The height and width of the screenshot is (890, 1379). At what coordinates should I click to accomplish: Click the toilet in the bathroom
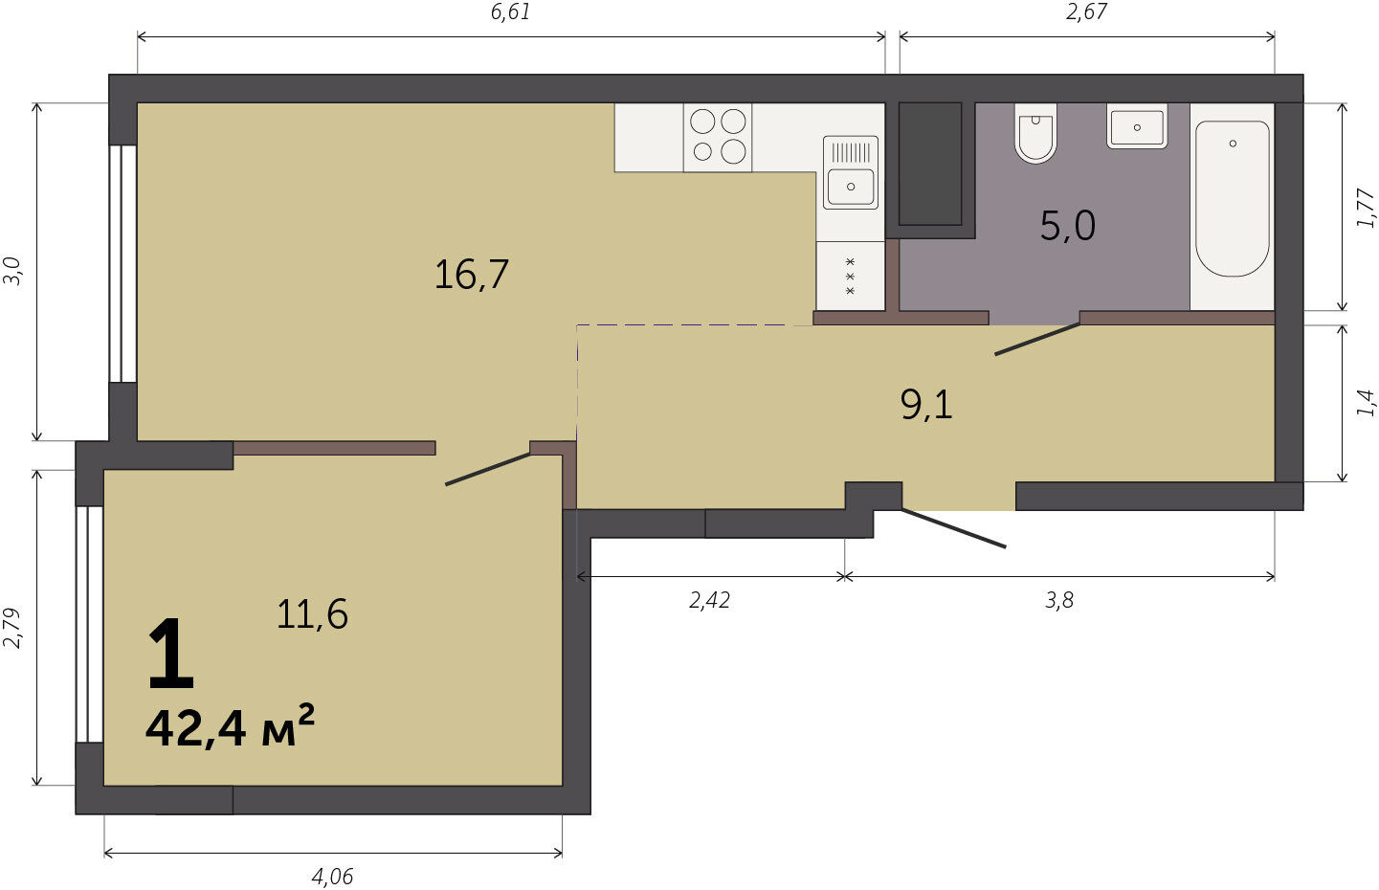click(x=1035, y=134)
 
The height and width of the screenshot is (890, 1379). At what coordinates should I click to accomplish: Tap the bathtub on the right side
click(x=1232, y=199)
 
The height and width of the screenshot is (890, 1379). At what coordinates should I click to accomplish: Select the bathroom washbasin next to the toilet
click(x=1137, y=126)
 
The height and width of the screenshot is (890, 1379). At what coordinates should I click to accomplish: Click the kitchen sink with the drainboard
click(x=851, y=173)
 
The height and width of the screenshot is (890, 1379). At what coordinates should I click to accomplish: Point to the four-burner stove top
click(x=718, y=137)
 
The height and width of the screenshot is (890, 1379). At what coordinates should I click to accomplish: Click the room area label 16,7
click(x=472, y=275)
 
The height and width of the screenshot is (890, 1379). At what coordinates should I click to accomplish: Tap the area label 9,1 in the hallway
click(x=926, y=406)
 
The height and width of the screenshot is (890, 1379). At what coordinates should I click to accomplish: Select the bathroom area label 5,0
click(x=1068, y=226)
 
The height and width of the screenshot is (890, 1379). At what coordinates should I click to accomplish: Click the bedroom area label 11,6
click(x=313, y=614)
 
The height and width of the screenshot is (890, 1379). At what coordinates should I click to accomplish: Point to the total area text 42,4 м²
click(x=231, y=728)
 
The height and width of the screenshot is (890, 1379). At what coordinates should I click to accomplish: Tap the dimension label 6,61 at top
click(x=510, y=12)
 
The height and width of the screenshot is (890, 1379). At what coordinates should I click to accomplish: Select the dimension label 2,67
click(x=1086, y=12)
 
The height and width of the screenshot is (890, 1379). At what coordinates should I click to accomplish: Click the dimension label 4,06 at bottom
click(x=332, y=877)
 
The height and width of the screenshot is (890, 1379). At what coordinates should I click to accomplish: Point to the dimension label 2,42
click(x=709, y=600)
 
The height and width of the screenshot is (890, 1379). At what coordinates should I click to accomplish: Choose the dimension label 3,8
click(x=1059, y=600)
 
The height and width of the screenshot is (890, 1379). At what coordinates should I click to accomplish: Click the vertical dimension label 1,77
click(x=1365, y=208)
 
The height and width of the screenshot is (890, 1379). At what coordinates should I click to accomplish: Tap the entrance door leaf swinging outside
click(x=953, y=528)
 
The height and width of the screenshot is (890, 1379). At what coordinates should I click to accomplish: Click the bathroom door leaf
click(x=1037, y=339)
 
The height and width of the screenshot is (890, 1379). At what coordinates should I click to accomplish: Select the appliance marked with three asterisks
click(x=850, y=276)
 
